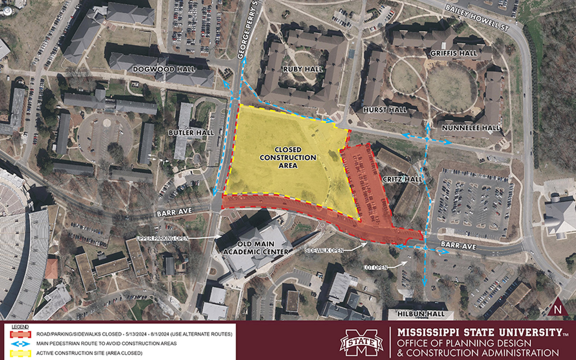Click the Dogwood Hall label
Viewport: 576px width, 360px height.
164,69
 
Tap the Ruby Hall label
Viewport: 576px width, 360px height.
303,69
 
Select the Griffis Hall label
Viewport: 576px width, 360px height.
454,53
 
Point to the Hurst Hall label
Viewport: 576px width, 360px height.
385,110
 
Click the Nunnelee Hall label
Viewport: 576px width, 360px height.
471,128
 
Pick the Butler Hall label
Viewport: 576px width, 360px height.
191,133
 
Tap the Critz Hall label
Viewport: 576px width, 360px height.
402,179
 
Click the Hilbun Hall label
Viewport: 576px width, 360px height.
421,314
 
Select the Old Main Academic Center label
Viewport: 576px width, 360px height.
256,248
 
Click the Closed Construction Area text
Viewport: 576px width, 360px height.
288,157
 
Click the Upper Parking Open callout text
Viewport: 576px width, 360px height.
162,238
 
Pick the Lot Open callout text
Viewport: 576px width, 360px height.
375,267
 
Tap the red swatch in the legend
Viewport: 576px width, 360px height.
21,334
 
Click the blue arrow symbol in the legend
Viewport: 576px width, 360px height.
21,343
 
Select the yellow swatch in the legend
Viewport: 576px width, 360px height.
21,353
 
